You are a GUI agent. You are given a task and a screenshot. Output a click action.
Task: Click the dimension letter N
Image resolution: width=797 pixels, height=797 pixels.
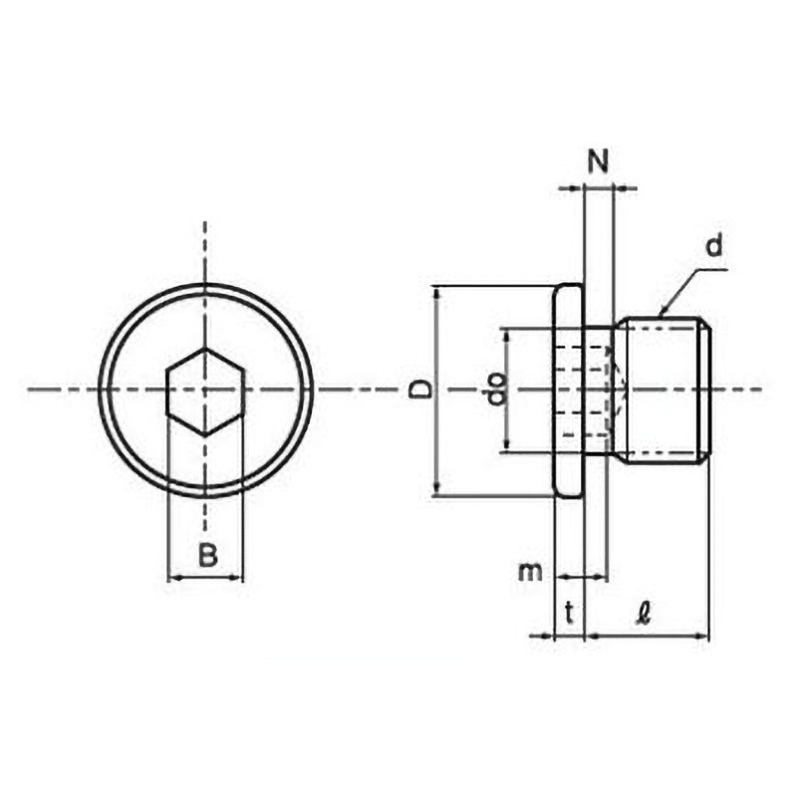(x=599, y=161)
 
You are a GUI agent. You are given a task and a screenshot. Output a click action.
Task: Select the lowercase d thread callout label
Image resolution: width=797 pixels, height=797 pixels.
(x=714, y=246)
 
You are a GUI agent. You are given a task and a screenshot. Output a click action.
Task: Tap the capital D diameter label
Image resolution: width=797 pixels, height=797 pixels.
(x=420, y=390)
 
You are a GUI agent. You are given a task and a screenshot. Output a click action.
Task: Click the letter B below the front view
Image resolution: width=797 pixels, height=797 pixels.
(x=207, y=555)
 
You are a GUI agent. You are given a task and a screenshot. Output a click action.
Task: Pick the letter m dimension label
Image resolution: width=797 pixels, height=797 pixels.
(x=530, y=573)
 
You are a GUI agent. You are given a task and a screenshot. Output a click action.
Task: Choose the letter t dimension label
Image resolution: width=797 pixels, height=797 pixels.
(x=569, y=613)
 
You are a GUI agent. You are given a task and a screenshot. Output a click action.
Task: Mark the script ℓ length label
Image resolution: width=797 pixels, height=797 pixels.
(x=645, y=613)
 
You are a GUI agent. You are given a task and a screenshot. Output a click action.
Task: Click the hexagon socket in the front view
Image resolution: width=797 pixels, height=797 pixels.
(x=205, y=392)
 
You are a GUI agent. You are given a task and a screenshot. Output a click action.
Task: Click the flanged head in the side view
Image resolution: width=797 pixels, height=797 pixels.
(x=568, y=390)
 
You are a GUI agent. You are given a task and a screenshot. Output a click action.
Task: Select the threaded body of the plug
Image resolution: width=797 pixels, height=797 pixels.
(x=661, y=390)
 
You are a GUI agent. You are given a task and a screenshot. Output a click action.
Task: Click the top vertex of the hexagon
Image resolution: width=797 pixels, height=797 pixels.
(x=205, y=348)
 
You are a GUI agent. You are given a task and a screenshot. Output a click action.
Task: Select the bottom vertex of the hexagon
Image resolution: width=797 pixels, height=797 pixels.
(x=205, y=435)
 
